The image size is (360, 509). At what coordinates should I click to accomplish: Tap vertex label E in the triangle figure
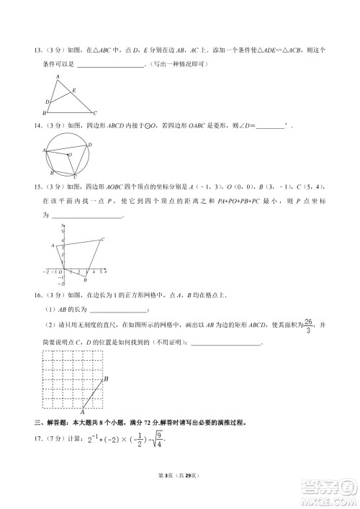click(x=74, y=90)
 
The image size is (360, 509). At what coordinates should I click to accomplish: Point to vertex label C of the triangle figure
click(x=96, y=113)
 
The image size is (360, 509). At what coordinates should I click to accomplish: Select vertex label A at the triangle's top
click(x=58, y=76)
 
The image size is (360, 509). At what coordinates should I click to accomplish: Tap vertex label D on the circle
click(x=89, y=145)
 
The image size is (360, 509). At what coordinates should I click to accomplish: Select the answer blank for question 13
click(x=109, y=65)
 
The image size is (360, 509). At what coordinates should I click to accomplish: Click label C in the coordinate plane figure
click(x=102, y=239)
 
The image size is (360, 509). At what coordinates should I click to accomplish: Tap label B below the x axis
click(x=85, y=280)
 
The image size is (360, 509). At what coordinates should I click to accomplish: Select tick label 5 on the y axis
click(x=63, y=230)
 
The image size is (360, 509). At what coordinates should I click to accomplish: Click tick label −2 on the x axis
click(x=47, y=272)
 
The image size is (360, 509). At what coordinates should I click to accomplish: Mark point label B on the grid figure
click(x=106, y=379)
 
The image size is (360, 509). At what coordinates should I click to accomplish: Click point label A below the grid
click(x=83, y=410)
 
